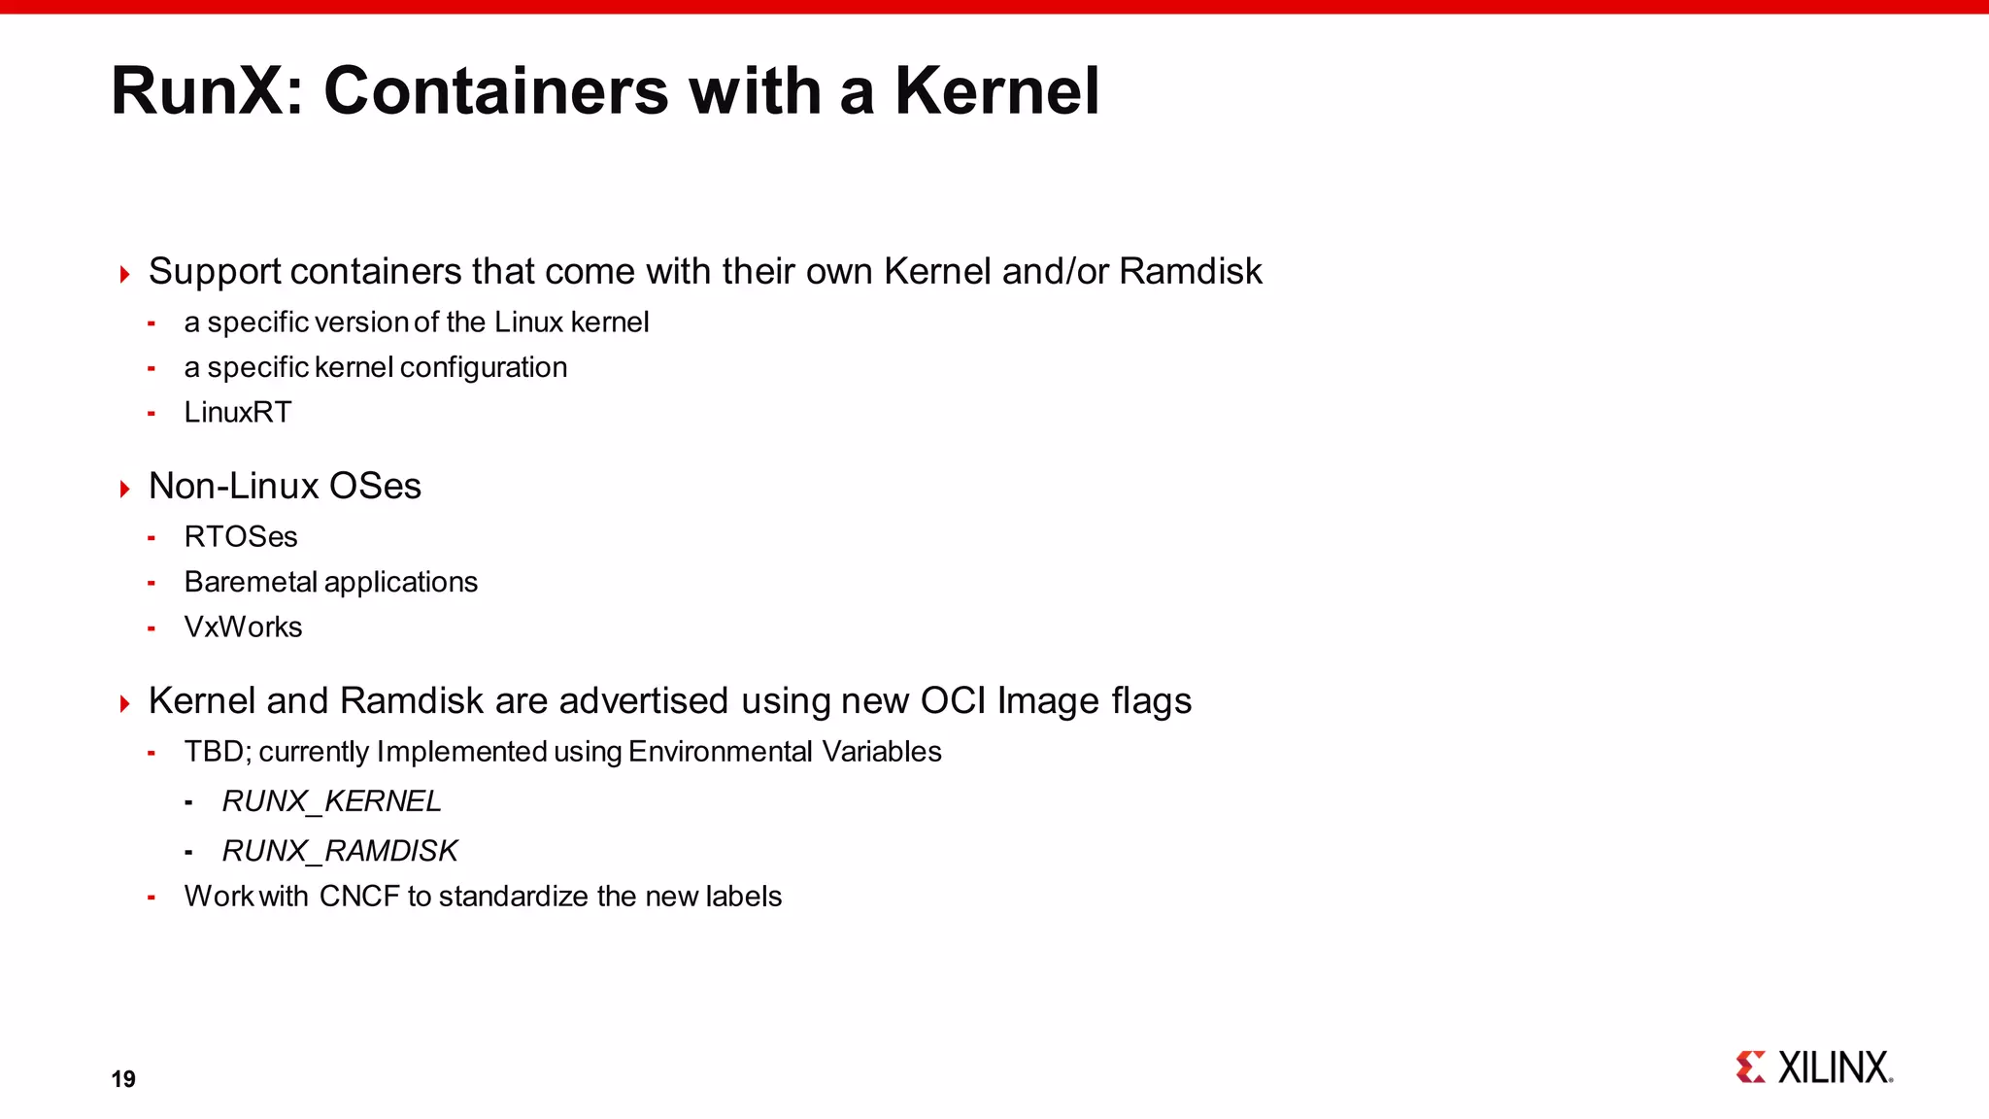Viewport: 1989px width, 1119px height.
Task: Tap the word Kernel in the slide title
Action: tap(996, 91)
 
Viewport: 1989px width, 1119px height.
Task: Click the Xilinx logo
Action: tap(1814, 1068)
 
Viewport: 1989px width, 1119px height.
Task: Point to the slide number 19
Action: tap(123, 1079)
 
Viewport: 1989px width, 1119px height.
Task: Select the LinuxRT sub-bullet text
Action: tap(238, 413)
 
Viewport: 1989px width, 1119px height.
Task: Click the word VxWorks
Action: tap(243, 627)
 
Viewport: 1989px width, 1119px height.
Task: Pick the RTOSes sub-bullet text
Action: tap(241, 537)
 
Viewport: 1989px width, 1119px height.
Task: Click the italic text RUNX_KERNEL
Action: tap(331, 801)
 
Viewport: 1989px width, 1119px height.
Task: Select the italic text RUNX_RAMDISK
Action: tap(339, 851)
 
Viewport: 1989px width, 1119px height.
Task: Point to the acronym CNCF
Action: tap(359, 897)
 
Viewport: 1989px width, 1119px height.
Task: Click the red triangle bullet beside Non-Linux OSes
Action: tap(124, 489)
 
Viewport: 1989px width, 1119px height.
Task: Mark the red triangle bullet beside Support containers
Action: tap(124, 274)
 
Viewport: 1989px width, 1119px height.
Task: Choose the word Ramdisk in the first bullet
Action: tap(1190, 272)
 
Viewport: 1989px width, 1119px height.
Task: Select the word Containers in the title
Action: tap(496, 91)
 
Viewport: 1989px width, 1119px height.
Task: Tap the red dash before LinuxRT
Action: tap(152, 414)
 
